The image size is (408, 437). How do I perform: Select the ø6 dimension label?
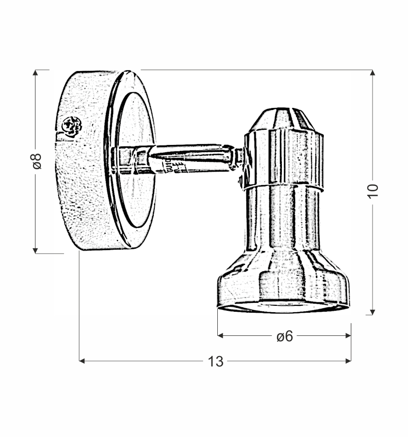coord(284,336)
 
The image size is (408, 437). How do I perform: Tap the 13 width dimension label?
coord(215,362)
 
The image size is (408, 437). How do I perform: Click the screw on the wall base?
coord(72,126)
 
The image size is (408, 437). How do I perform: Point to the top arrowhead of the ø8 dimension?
coord(35,73)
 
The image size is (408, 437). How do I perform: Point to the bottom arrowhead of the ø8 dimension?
coord(35,250)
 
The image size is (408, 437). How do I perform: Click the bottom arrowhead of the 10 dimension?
coord(373,311)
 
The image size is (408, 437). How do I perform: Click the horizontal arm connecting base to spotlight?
coord(197,158)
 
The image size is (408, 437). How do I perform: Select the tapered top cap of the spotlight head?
coord(282,120)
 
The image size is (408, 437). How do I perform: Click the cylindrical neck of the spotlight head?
coord(283,217)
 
